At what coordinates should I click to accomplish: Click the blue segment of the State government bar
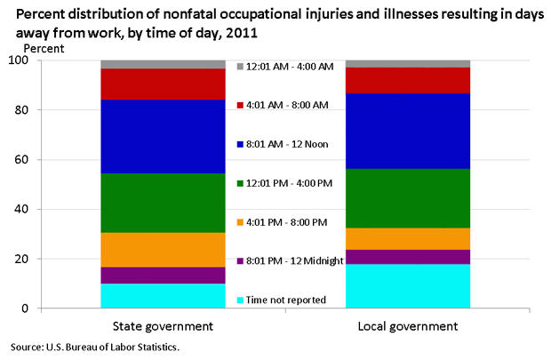pyautogui.click(x=163, y=136)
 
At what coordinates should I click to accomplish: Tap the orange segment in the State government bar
pyautogui.click(x=163, y=250)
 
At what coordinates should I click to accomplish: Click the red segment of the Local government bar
pyautogui.click(x=407, y=80)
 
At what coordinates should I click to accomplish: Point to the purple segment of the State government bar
pyautogui.click(x=163, y=276)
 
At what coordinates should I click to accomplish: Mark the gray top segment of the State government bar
pyautogui.click(x=163, y=64)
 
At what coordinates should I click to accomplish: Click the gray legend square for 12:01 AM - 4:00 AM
pyautogui.click(x=240, y=67)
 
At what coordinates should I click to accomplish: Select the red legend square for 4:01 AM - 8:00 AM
pyautogui.click(x=240, y=106)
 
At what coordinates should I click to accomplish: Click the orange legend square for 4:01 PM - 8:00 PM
pyautogui.click(x=240, y=221)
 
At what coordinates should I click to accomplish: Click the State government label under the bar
pyautogui.click(x=163, y=326)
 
